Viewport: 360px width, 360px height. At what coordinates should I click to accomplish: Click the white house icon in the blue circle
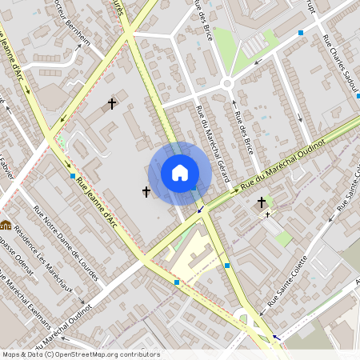[180, 173]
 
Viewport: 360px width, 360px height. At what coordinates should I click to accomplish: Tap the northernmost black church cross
[112, 104]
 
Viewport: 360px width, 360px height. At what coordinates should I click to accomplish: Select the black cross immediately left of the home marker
[146, 191]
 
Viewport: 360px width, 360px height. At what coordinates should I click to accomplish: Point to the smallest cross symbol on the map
[268, 214]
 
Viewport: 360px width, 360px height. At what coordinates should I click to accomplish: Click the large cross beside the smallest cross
[262, 203]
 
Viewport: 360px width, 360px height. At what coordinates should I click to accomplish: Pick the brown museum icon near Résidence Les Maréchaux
[6, 225]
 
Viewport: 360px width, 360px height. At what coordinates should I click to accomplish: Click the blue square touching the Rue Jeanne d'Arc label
[72, 175]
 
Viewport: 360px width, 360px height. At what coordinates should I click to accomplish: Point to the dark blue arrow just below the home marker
[199, 210]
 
